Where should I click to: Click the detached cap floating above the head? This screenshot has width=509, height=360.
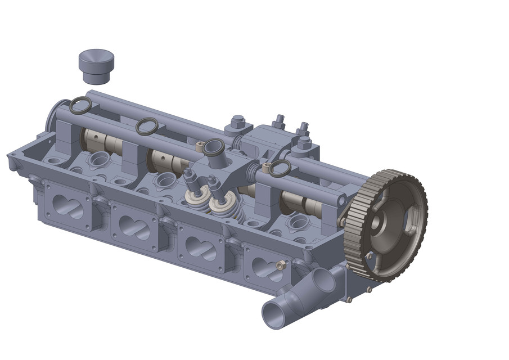click(x=96, y=65)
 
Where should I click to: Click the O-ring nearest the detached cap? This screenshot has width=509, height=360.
click(x=80, y=103)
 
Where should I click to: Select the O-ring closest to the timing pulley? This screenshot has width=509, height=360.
click(x=280, y=166)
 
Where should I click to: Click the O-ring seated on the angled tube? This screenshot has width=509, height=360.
click(x=214, y=147)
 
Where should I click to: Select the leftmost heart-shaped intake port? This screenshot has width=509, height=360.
click(x=67, y=206)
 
